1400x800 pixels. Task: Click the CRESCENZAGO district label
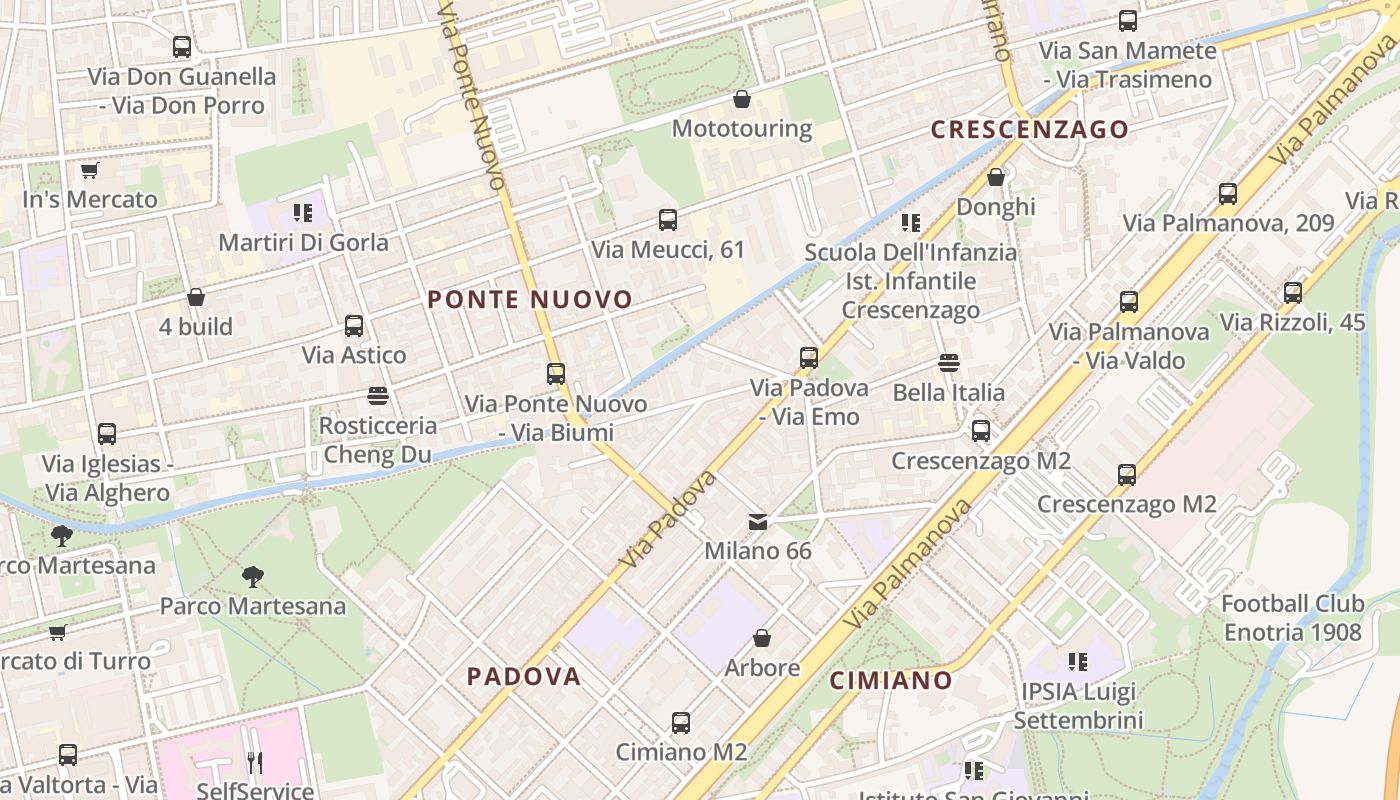[x=1029, y=129]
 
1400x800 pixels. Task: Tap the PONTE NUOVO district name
[x=530, y=299]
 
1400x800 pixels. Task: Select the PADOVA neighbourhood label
[x=524, y=676]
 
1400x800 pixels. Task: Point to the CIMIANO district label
[x=891, y=680]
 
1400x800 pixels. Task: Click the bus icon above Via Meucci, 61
[x=668, y=220]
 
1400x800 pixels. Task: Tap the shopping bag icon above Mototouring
[x=742, y=99]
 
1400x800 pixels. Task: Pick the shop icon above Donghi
[x=996, y=177]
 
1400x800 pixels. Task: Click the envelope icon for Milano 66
[x=758, y=521]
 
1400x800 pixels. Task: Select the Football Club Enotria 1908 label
[x=1292, y=618]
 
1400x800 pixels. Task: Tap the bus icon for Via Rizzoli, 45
[x=1293, y=293]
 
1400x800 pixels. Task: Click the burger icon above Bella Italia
[x=948, y=362]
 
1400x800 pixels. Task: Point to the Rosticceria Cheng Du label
[x=377, y=440]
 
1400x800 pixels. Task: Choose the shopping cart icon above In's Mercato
[x=89, y=170]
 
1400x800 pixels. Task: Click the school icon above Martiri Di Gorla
[x=303, y=212]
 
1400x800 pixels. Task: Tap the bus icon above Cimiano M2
[x=681, y=722]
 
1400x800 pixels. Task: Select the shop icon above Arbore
[x=762, y=638]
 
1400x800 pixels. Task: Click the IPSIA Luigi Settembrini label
[x=1078, y=705]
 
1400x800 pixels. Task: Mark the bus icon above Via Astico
[x=354, y=325]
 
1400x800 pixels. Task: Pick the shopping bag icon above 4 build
[x=196, y=297]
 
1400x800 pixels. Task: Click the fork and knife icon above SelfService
[x=254, y=763]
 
